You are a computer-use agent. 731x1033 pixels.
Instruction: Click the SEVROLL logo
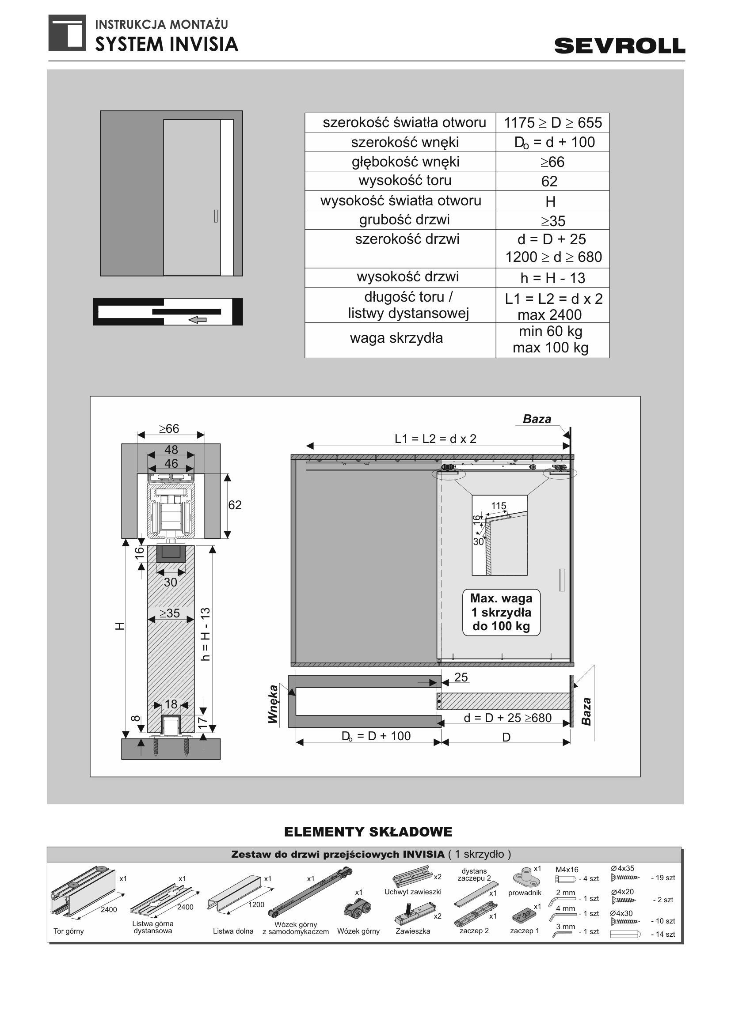[x=619, y=46]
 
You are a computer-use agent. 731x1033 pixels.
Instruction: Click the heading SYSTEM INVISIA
[x=166, y=44]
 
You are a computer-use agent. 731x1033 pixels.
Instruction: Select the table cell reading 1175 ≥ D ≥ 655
[x=552, y=122]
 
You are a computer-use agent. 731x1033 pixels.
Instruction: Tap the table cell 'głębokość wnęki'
[x=405, y=162]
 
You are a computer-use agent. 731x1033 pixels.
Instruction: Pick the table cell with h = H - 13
[x=552, y=278]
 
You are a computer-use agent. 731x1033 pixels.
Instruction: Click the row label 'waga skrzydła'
[x=396, y=338]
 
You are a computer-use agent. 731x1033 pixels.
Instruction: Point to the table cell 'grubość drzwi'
[x=404, y=219]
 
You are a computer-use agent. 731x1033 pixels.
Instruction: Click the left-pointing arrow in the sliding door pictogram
[x=198, y=319]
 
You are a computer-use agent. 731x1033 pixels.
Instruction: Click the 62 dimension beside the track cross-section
[x=235, y=505]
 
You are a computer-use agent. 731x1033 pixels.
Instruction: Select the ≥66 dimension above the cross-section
[x=169, y=429]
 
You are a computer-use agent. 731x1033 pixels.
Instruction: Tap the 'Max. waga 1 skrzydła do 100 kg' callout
[x=501, y=612]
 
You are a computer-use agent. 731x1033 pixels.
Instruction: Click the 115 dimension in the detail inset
[x=498, y=506]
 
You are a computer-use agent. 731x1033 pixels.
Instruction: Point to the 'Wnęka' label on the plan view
[x=273, y=704]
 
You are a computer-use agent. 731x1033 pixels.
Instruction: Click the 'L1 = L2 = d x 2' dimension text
[x=435, y=439]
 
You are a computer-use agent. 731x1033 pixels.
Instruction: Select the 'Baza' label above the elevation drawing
[x=537, y=419]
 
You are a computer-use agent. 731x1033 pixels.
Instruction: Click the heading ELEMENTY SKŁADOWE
[x=368, y=832]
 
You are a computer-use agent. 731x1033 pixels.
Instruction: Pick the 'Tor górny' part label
[x=69, y=931]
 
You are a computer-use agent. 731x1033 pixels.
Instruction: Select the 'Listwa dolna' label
[x=233, y=931]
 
